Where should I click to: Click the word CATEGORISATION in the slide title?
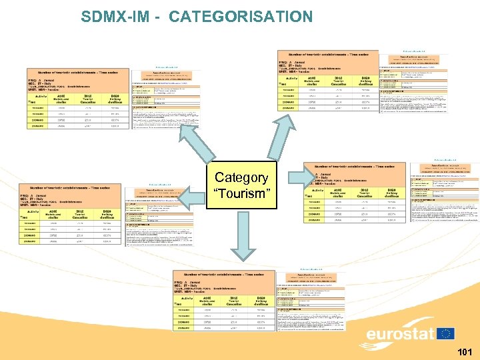241,17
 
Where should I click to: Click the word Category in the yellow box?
241,177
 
